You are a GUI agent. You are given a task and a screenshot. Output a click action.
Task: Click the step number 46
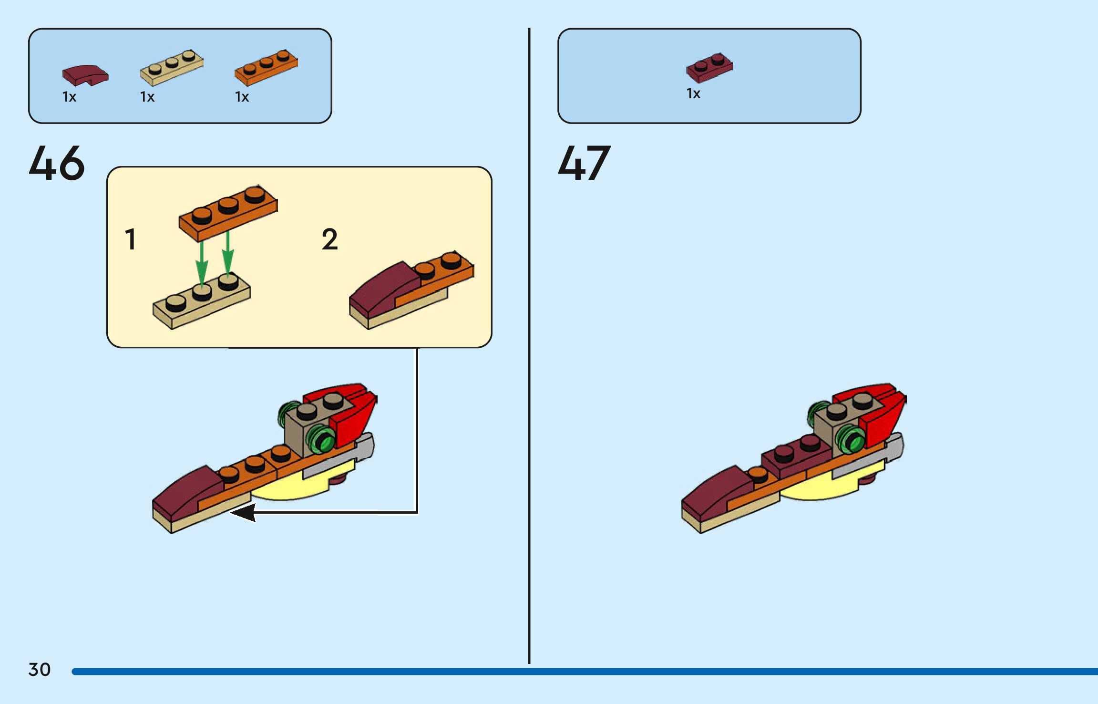[57, 164]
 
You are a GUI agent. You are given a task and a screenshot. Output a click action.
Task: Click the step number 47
[584, 164]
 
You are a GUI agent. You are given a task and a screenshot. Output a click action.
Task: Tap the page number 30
[40, 670]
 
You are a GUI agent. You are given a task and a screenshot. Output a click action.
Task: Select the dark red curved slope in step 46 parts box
[85, 75]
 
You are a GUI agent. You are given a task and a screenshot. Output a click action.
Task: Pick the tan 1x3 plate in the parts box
[172, 68]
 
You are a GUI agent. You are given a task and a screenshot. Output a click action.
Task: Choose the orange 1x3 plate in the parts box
[266, 67]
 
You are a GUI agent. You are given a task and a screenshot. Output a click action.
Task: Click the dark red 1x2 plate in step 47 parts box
[709, 67]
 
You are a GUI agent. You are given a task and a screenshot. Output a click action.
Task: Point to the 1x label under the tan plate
[147, 97]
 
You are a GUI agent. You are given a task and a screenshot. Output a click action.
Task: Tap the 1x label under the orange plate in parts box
[242, 97]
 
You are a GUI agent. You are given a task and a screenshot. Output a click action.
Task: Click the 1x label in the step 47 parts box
[693, 93]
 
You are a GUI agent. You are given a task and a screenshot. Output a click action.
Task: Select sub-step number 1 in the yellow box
[130, 239]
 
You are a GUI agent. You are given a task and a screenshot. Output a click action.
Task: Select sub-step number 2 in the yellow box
[329, 239]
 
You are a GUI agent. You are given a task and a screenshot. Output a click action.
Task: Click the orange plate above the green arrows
[228, 213]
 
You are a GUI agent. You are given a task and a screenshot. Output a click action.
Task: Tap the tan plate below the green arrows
[202, 301]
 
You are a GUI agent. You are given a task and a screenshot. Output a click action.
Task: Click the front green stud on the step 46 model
[322, 439]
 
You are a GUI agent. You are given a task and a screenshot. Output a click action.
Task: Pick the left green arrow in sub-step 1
[202, 262]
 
